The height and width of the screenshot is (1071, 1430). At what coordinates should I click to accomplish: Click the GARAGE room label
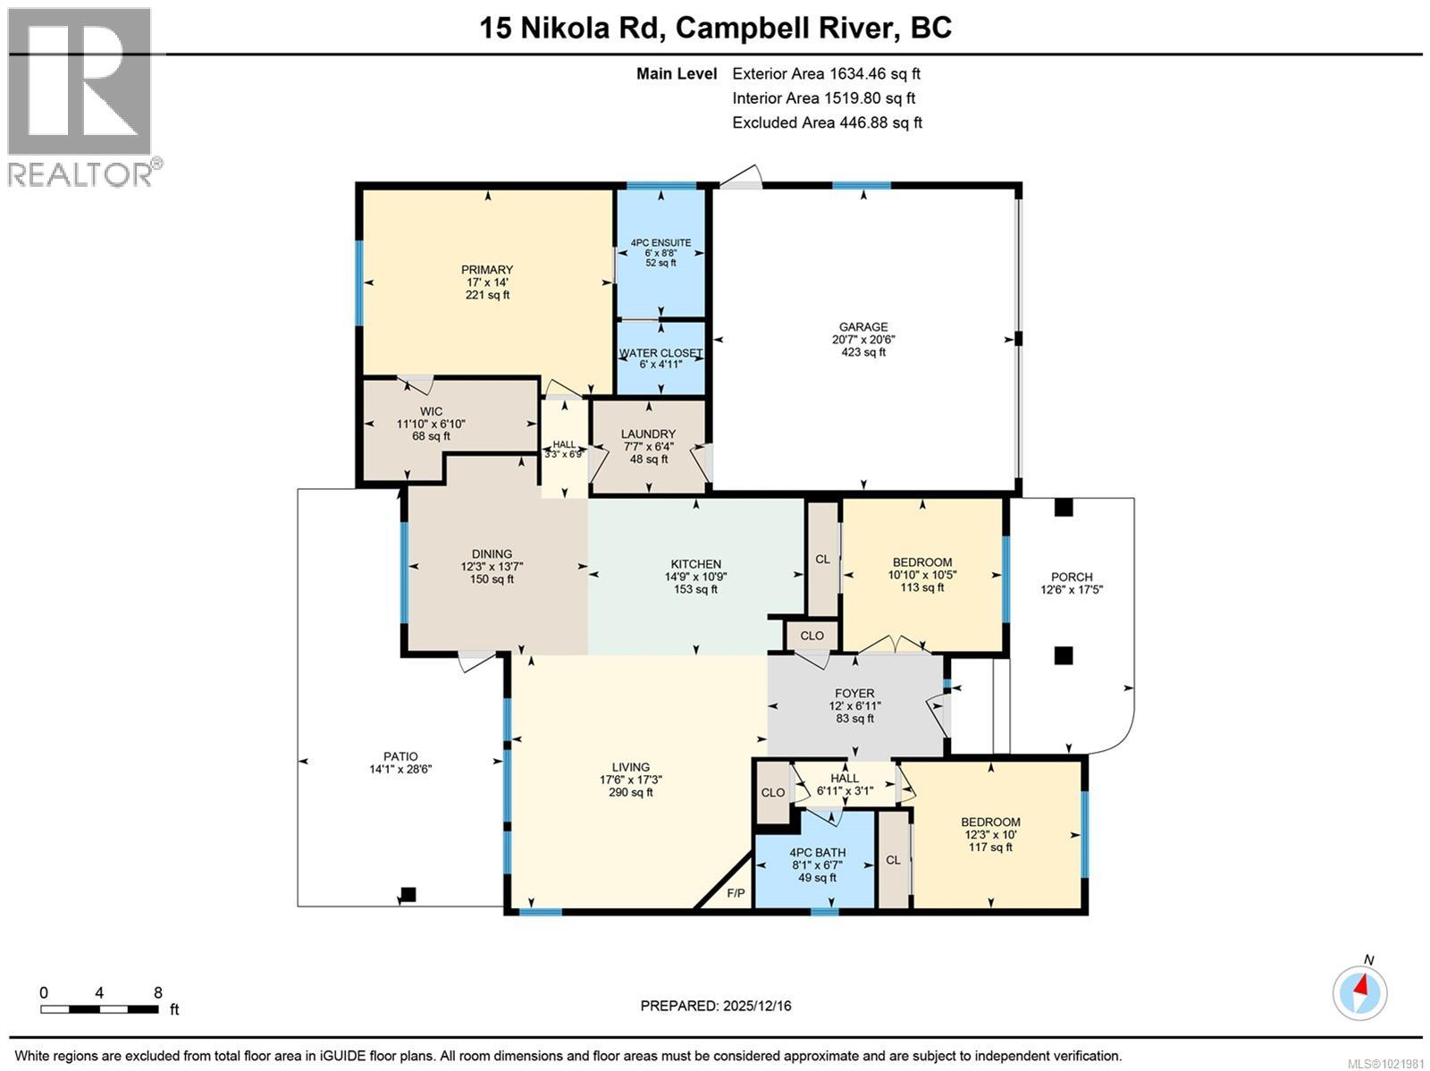[862, 327]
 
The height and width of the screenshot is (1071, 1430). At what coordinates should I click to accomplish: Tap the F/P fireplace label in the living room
[736, 893]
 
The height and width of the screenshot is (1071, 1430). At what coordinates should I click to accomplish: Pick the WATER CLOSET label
[660, 353]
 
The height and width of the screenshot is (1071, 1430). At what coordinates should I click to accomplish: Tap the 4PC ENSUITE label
[660, 242]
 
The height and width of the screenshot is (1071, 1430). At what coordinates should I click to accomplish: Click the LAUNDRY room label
[648, 434]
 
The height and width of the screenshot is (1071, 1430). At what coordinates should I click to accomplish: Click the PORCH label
[1072, 578]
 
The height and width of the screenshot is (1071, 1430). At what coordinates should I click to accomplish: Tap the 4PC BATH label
[817, 853]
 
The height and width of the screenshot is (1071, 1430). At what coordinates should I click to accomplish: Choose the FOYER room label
[854, 693]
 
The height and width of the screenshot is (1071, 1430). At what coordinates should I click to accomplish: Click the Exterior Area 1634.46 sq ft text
[826, 74]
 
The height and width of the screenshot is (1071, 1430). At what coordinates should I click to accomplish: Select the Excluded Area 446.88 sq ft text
[827, 122]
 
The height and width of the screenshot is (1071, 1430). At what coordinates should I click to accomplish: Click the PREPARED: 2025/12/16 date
[715, 1006]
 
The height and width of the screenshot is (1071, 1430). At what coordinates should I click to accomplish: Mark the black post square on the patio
[408, 894]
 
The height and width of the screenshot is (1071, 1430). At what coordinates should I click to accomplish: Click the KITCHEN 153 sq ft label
[695, 589]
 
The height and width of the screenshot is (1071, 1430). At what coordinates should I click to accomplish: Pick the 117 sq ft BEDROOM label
[990, 848]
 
